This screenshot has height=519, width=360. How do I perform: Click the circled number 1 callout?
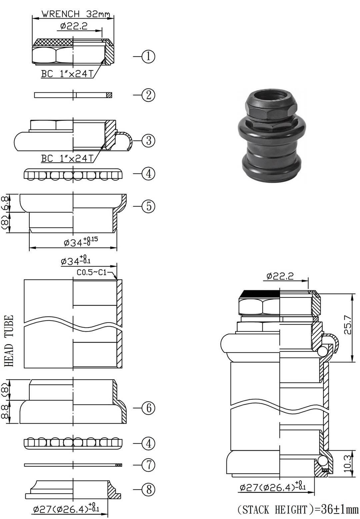[x=148, y=56]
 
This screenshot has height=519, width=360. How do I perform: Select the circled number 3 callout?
[x=148, y=140]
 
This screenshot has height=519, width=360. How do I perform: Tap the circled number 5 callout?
[x=148, y=206]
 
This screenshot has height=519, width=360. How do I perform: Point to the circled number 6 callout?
[x=148, y=408]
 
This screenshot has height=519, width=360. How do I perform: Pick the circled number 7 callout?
[x=148, y=465]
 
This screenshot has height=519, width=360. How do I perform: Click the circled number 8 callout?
[x=148, y=489]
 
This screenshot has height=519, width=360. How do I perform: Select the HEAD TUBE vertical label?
[x=9, y=341]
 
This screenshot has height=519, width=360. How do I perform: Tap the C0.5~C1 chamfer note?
[x=91, y=273]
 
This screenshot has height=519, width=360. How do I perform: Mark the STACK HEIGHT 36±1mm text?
[x=298, y=509]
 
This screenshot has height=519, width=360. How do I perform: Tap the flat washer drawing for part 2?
[x=73, y=95]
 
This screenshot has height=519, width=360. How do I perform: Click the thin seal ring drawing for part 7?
[x=73, y=465]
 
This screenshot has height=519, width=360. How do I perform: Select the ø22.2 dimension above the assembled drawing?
[x=280, y=276]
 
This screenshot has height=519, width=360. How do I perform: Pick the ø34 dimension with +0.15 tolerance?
[x=81, y=242]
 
